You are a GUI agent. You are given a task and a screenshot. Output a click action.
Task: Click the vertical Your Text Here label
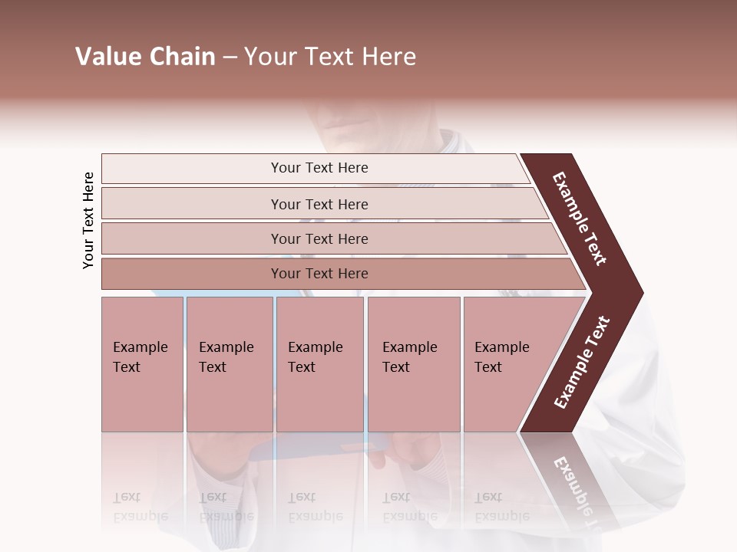tap(88, 220)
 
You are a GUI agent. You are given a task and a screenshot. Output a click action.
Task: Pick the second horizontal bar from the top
tap(319, 204)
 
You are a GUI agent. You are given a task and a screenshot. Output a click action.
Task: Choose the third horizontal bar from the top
tap(319, 238)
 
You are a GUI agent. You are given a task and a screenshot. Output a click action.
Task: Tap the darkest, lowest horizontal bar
tap(319, 274)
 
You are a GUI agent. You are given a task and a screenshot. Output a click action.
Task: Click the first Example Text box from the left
tap(142, 364)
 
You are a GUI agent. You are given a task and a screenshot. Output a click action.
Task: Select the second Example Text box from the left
tap(229, 364)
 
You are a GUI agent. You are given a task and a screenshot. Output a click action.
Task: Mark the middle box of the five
tap(319, 364)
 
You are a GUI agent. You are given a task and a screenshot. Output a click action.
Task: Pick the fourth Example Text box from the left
tap(413, 364)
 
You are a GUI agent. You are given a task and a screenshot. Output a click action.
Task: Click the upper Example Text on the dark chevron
tap(580, 219)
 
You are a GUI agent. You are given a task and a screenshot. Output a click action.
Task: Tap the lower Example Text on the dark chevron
tap(582, 363)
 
